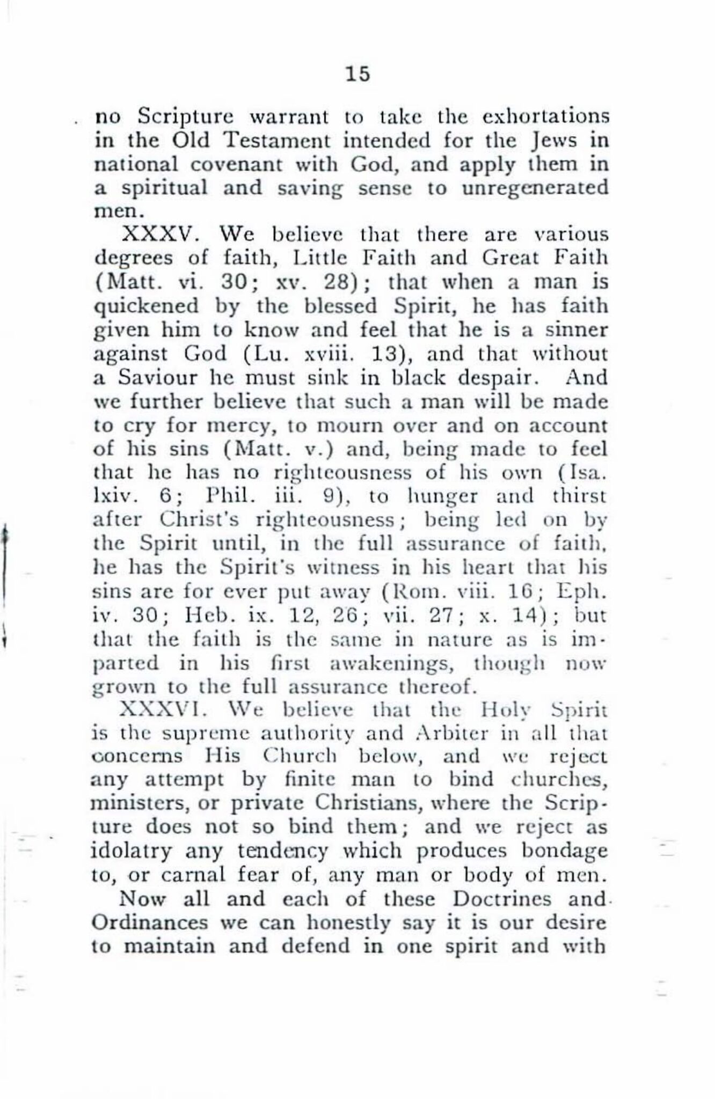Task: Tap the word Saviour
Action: [151, 377]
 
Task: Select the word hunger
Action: [439, 496]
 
